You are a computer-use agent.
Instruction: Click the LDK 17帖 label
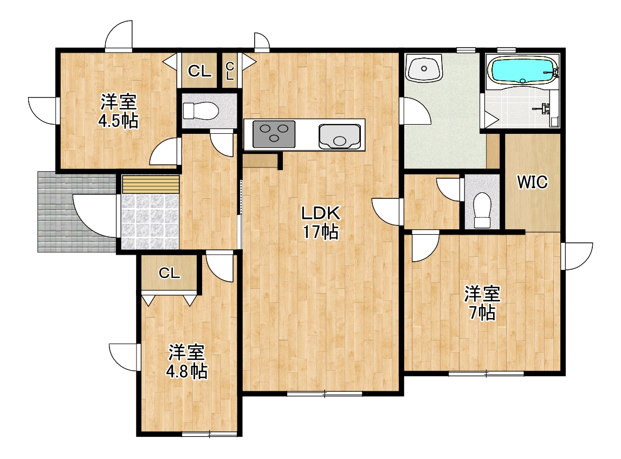point(321,223)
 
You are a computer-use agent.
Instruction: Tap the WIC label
point(533,182)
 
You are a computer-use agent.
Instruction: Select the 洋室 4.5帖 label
point(119,111)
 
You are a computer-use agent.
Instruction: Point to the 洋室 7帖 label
point(482,303)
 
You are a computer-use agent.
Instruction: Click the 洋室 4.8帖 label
point(186,361)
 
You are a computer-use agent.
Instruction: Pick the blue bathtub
point(523,70)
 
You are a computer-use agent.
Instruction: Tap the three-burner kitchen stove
point(274,134)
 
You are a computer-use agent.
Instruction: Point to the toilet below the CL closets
point(200,111)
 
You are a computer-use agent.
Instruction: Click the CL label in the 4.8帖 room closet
point(170,273)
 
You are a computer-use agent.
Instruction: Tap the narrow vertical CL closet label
point(230,71)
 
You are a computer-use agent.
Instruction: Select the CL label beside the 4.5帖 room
point(199,72)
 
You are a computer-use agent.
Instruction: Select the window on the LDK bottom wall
point(325,393)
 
